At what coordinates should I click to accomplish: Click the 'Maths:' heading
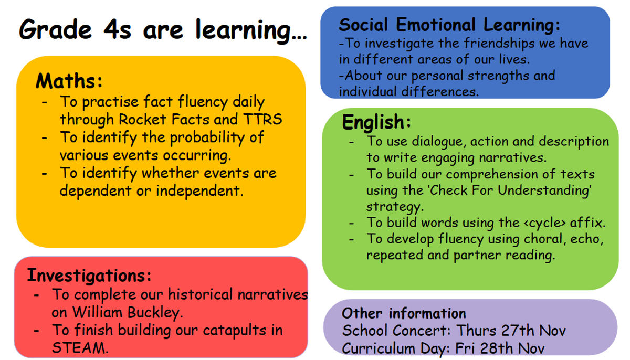(69, 81)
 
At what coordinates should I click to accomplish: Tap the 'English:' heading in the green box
(376, 122)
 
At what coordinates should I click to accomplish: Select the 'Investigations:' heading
(89, 276)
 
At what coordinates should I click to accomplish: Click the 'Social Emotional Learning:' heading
(449, 25)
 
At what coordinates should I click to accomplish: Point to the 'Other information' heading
(404, 313)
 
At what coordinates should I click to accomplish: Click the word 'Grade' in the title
(56, 30)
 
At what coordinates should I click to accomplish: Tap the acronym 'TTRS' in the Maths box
(262, 119)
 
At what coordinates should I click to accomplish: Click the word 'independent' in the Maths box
(199, 191)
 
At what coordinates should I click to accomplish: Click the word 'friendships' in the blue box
(499, 44)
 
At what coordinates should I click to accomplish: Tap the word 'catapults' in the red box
(234, 331)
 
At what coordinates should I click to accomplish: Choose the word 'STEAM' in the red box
(80, 348)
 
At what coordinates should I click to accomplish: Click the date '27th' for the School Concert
(518, 331)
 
